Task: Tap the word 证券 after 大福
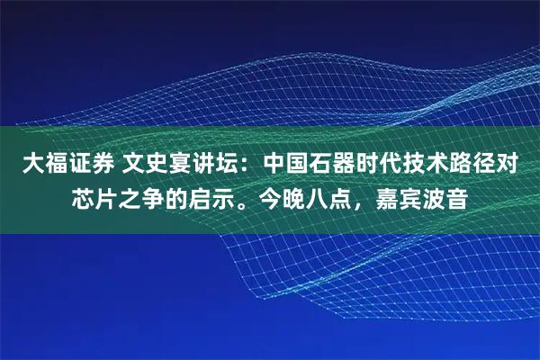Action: pos(85,165)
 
